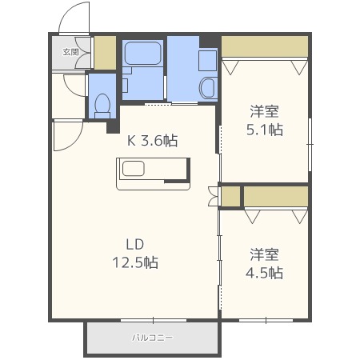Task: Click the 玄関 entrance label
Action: pyautogui.click(x=70, y=53)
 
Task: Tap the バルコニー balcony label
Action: pyautogui.click(x=152, y=338)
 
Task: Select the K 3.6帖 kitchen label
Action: pyautogui.click(x=153, y=141)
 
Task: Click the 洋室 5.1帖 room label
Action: pyautogui.click(x=265, y=120)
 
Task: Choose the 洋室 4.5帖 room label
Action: pyautogui.click(x=265, y=263)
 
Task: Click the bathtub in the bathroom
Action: pyautogui.click(x=143, y=56)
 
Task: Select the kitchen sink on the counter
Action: pyautogui.click(x=132, y=168)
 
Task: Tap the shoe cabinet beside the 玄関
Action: pyautogui.click(x=104, y=53)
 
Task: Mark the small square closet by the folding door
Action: pyautogui.click(x=230, y=196)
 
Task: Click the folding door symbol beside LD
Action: pyautogui.click(x=212, y=196)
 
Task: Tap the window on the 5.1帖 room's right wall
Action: pyautogui.click(x=310, y=144)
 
